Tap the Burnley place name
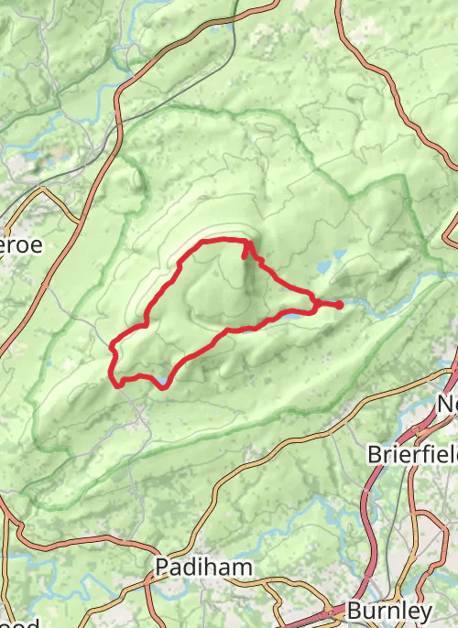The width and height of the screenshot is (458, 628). tap(390, 611)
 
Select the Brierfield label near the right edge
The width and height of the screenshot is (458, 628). tap(412, 454)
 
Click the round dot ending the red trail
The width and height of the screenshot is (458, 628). tap(340, 304)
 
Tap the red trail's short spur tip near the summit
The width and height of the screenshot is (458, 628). tap(244, 257)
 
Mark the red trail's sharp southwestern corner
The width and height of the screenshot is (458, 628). tap(118, 384)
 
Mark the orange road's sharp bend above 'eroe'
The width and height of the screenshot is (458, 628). tap(43, 190)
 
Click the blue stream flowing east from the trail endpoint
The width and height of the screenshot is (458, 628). tap(385, 307)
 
